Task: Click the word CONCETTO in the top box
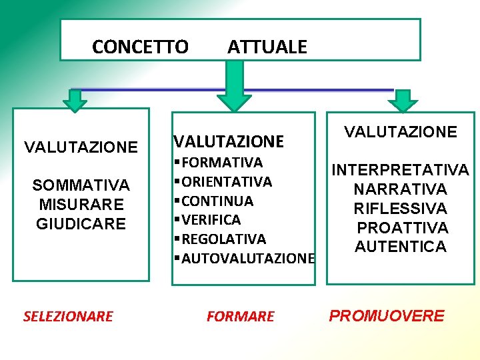(x=140, y=47)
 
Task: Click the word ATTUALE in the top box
(x=267, y=47)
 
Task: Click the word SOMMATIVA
(x=81, y=185)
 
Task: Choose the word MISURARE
(x=81, y=204)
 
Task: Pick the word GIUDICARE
(x=81, y=223)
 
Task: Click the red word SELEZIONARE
(x=68, y=317)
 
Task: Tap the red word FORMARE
(x=240, y=317)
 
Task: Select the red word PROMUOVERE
(x=387, y=315)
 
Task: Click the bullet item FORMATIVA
(x=221, y=163)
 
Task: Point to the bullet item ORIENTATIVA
(x=225, y=182)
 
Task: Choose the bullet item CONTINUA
(x=216, y=201)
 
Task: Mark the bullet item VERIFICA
(x=210, y=219)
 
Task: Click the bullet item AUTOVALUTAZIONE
(x=247, y=258)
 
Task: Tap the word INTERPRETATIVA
(x=401, y=171)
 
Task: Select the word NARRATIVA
(x=401, y=190)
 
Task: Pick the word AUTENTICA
(x=401, y=247)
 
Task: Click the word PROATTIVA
(x=403, y=228)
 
